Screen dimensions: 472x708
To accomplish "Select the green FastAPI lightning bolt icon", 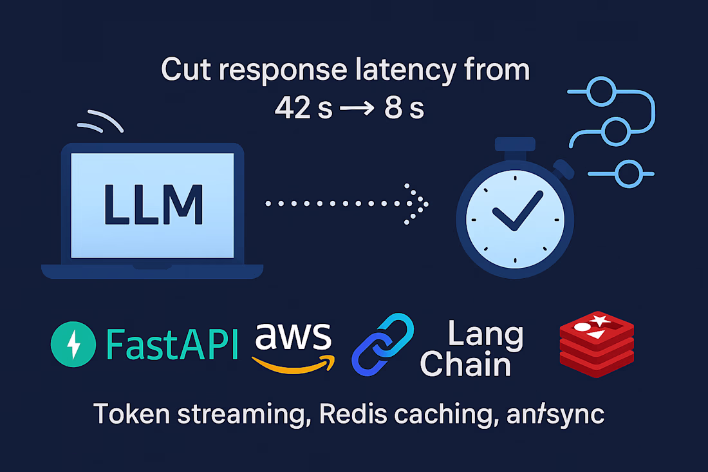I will click(74, 345).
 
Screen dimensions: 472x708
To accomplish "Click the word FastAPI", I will click(172, 345).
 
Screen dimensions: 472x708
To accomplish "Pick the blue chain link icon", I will click(382, 345).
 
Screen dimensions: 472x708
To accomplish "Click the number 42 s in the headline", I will click(303, 108).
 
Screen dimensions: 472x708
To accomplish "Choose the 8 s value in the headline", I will click(404, 108).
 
